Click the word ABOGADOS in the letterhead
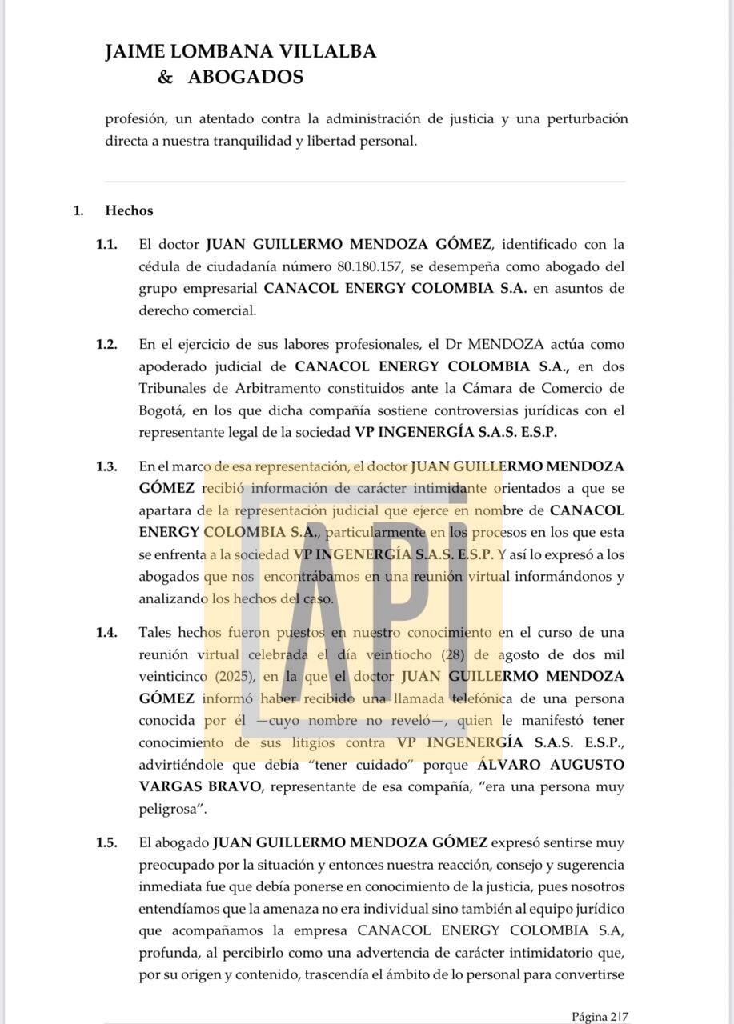[245, 77]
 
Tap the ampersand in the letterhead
[166, 77]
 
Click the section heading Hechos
[129, 211]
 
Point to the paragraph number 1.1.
[106, 244]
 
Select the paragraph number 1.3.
[106, 466]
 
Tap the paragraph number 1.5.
[106, 842]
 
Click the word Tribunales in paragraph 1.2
[174, 389]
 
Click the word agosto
[520, 654]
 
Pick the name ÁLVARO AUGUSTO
[545, 765]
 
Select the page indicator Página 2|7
[600, 1017]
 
